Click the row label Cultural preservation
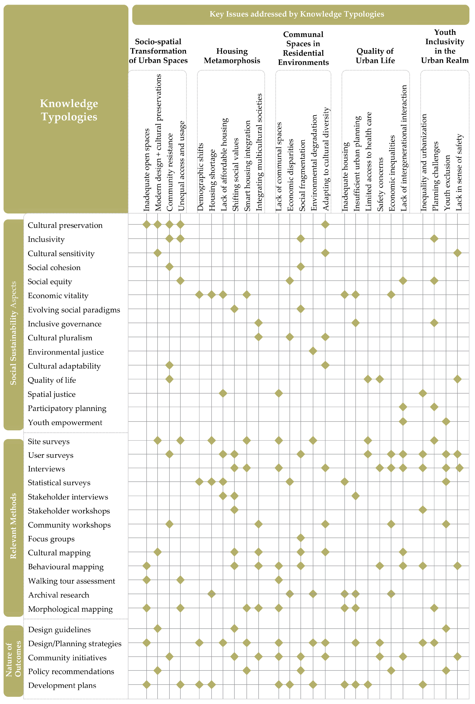click(x=65, y=225)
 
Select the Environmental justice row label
click(x=66, y=352)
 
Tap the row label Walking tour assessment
click(x=71, y=581)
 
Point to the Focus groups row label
click(x=51, y=539)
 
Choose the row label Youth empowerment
click(x=65, y=423)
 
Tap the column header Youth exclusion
click(x=447, y=183)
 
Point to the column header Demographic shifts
click(x=200, y=177)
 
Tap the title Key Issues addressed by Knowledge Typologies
click(x=297, y=14)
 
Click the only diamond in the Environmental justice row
click(x=313, y=351)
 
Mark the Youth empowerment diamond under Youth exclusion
click(x=446, y=421)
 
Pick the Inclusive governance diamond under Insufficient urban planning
click(x=356, y=323)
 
